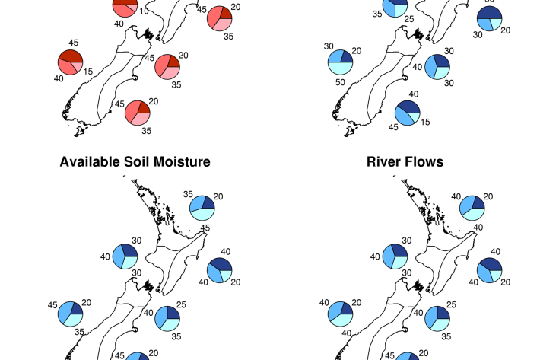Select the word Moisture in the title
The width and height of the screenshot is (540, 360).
181,162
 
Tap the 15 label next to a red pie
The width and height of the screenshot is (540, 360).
87,72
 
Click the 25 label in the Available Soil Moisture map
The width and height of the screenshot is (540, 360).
182,305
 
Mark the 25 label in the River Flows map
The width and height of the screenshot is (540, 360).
451,305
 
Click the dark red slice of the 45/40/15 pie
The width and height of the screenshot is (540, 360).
70,56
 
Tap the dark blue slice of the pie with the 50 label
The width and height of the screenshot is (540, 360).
345,57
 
